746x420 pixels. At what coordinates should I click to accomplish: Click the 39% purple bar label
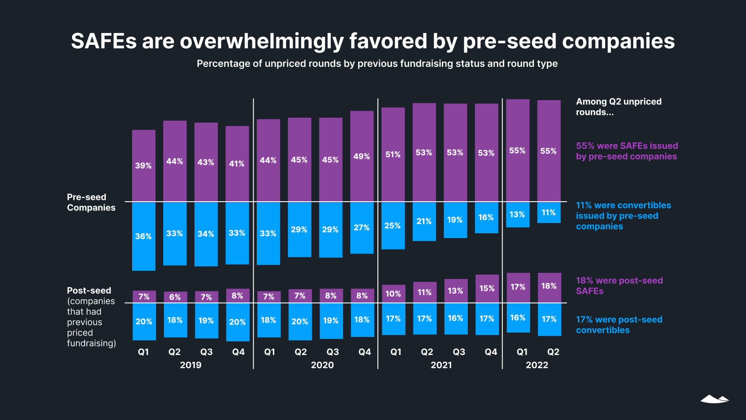[143, 166]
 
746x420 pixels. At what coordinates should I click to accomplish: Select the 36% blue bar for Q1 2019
[143, 236]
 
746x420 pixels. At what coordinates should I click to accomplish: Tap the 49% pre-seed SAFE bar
[362, 156]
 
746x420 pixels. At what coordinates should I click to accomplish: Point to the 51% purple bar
[393, 154]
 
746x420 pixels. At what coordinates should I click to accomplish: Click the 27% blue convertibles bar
[362, 228]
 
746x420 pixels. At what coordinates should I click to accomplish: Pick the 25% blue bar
[393, 226]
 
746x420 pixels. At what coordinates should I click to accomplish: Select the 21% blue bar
[424, 221]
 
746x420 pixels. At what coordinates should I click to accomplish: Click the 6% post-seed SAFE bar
[175, 297]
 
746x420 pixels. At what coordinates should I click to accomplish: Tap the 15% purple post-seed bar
[487, 289]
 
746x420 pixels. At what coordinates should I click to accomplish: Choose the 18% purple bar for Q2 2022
[549, 286]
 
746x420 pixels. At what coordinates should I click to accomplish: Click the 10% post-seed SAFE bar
[393, 293]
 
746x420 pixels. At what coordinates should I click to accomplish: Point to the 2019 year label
[190, 365]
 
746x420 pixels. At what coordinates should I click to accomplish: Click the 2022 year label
[537, 365]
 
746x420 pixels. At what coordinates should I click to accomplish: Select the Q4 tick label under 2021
[491, 352]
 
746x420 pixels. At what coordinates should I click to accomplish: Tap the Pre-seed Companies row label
[91, 203]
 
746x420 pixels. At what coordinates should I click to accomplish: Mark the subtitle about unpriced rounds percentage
[377, 64]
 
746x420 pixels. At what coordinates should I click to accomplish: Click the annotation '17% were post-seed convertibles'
[619, 325]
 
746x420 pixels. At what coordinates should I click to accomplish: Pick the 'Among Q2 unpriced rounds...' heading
[618, 107]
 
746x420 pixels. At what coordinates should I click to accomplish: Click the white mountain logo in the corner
[714, 399]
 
